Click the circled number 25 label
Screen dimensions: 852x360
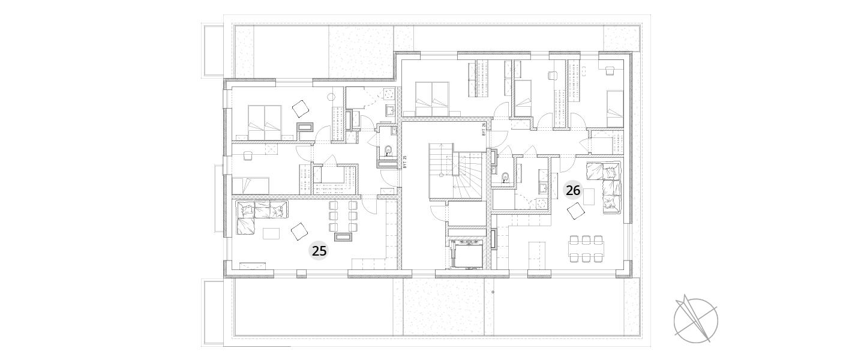(319, 251)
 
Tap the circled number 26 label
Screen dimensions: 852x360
(573, 190)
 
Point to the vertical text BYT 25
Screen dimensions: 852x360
(405, 161)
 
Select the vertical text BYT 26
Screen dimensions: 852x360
(484, 130)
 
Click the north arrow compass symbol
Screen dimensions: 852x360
(695, 320)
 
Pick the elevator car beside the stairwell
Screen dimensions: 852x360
(467, 254)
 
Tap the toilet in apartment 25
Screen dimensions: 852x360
(388, 151)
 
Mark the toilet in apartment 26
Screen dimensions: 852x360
(505, 178)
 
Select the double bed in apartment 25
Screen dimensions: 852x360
(265, 122)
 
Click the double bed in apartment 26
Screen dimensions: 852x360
(433, 99)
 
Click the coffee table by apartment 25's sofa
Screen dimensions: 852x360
(271, 233)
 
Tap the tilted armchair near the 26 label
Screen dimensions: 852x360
(575, 211)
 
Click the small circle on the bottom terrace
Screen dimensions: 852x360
(493, 292)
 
